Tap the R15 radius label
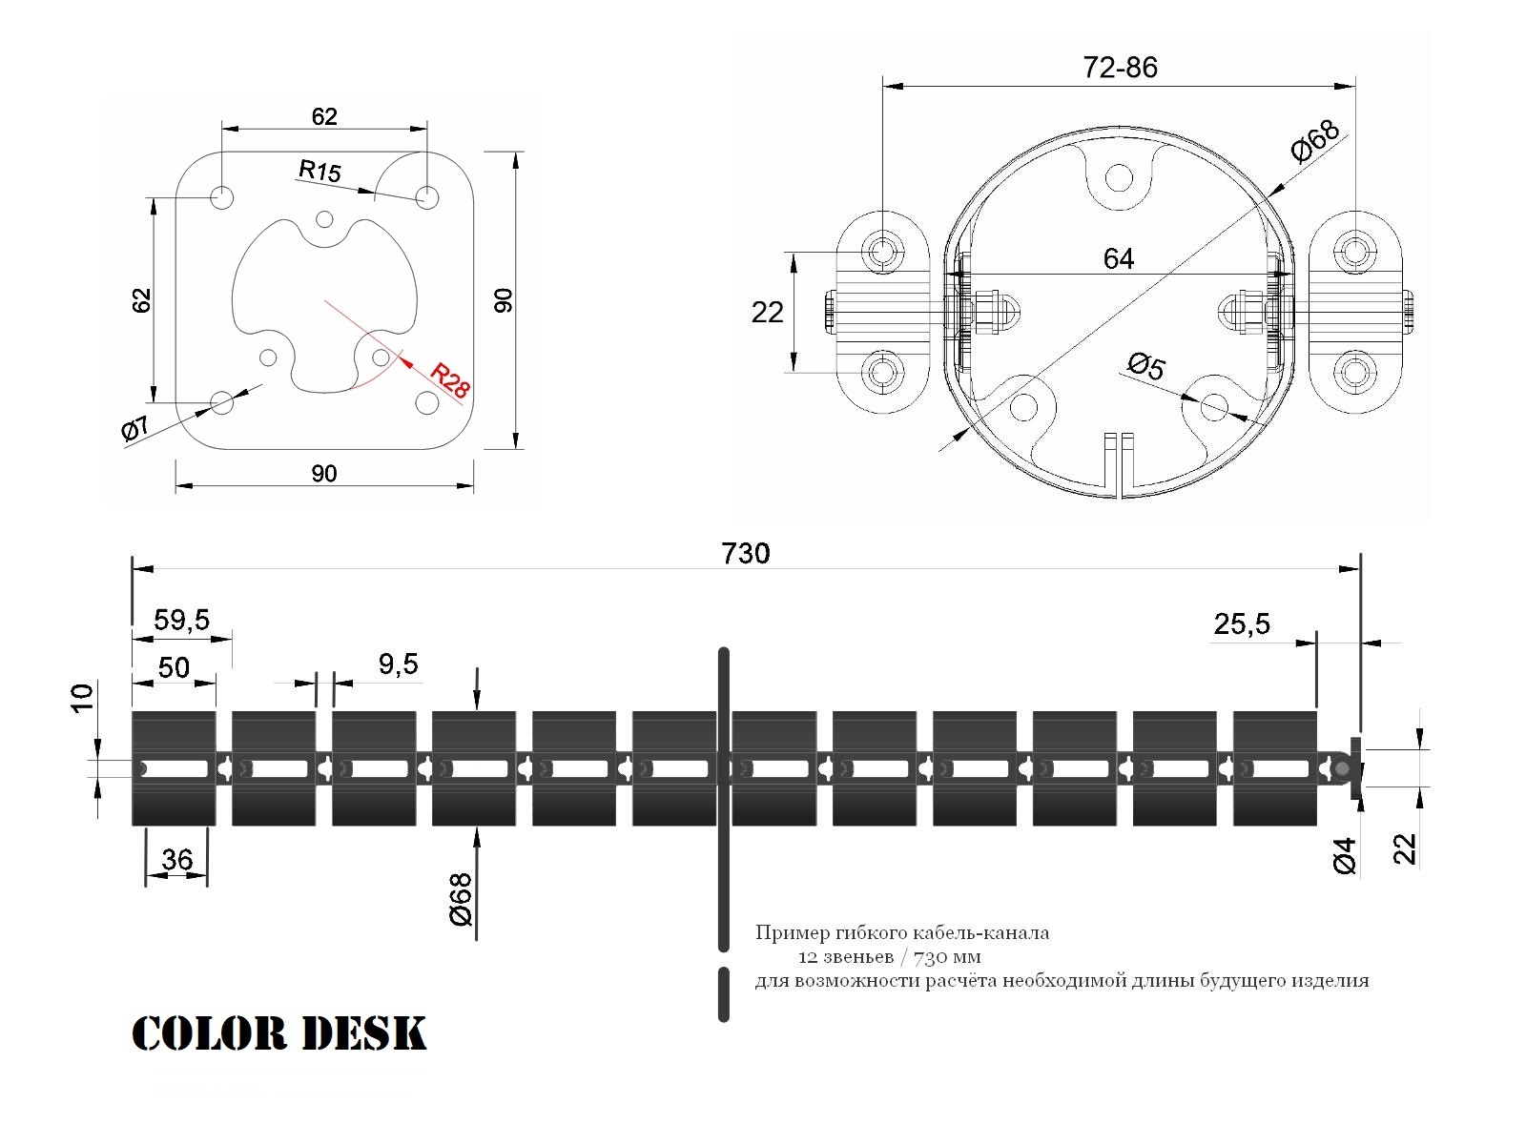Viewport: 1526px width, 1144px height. click(x=320, y=171)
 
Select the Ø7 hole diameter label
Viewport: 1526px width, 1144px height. click(x=134, y=428)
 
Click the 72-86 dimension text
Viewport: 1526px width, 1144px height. click(x=1120, y=68)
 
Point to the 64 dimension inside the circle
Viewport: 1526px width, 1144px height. click(x=1119, y=259)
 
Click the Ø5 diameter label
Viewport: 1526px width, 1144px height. click(x=1146, y=366)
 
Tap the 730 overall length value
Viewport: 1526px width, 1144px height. click(x=745, y=554)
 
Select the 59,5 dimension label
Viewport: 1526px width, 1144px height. click(x=181, y=620)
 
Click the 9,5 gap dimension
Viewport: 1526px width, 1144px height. click(x=398, y=664)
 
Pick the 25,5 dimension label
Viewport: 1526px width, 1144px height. click(x=1242, y=624)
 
